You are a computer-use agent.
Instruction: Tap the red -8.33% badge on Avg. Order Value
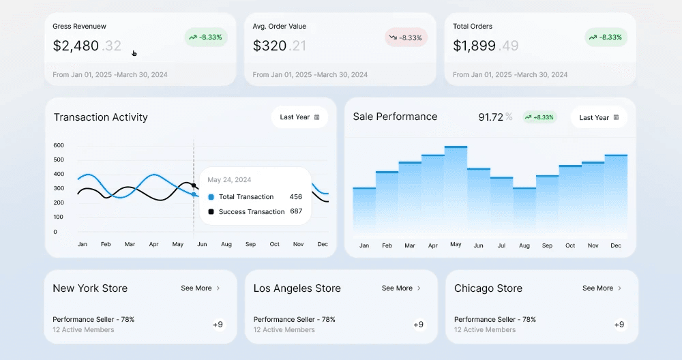click(406, 37)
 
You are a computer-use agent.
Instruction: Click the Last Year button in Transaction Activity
click(299, 117)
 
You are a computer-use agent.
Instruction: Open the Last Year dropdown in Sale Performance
click(599, 117)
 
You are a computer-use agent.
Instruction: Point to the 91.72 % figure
click(495, 117)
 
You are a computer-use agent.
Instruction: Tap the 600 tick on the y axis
click(59, 145)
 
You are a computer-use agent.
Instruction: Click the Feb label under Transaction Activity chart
click(106, 244)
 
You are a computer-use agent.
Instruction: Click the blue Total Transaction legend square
click(211, 197)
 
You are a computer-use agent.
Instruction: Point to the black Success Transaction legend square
click(211, 212)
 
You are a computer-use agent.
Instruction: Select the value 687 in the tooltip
click(295, 212)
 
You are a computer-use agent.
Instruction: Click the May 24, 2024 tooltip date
click(229, 180)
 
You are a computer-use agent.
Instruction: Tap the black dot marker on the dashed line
click(194, 185)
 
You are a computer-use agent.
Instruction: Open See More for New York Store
click(201, 288)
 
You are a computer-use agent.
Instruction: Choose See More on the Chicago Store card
click(602, 288)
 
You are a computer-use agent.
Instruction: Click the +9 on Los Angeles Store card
click(418, 325)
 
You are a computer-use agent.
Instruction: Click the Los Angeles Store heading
click(297, 288)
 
